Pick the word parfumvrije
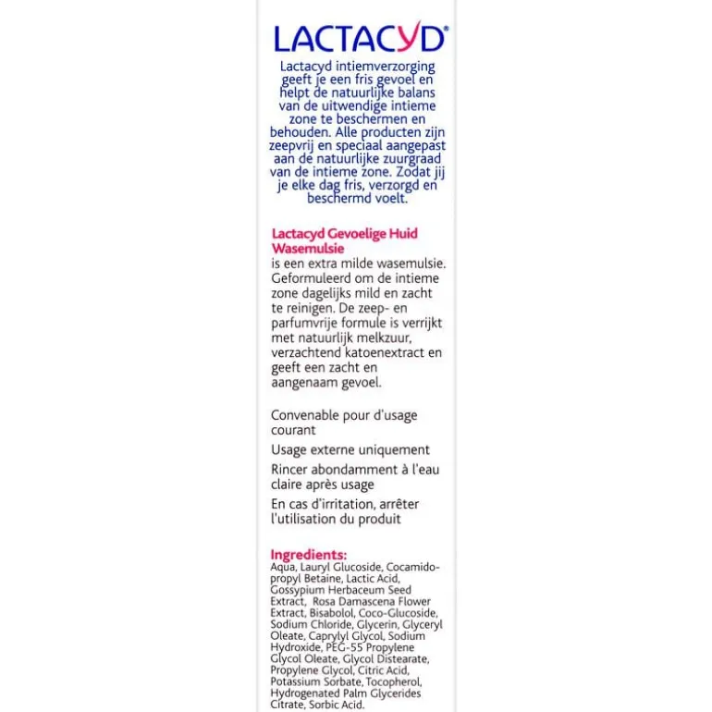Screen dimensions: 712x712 point(311,323)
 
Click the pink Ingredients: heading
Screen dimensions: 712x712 point(309,555)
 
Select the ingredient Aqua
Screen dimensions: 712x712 point(282,567)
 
